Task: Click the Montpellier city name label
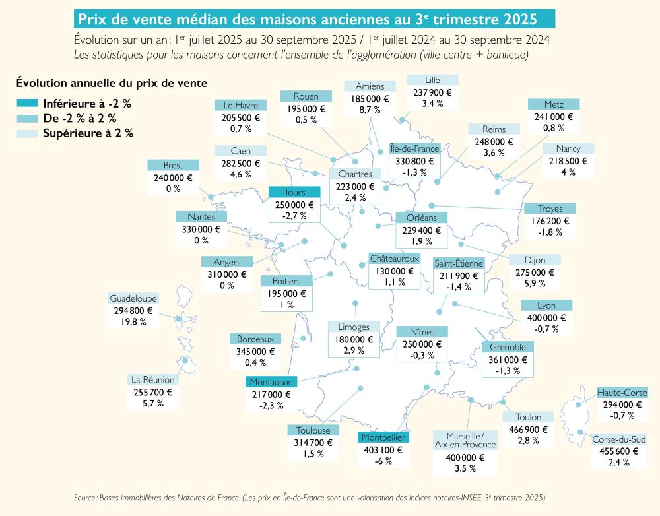coord(383,437)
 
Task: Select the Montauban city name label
coord(271,381)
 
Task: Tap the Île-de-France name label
coord(414,148)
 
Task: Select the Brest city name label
coord(173,165)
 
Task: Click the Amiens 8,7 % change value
coord(370,110)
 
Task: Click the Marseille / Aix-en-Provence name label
coord(465,440)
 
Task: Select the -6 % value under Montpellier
coord(383,461)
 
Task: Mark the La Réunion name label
coord(153,379)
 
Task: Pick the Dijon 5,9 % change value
coord(535,283)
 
